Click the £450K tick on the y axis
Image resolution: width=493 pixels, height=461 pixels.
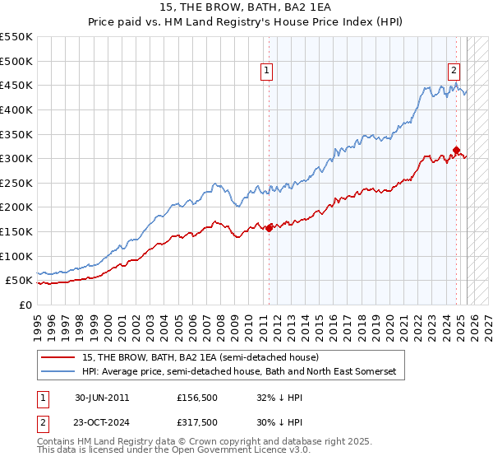(16, 85)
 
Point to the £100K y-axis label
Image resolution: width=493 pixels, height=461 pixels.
(16, 256)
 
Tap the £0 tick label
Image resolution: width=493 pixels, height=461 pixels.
(26, 305)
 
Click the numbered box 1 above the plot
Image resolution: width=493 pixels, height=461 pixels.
(268, 72)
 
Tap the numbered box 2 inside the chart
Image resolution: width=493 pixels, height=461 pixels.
(454, 72)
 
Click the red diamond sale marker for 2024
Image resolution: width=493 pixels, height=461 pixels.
(456, 151)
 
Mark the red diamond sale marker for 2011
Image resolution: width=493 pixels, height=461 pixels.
(269, 229)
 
